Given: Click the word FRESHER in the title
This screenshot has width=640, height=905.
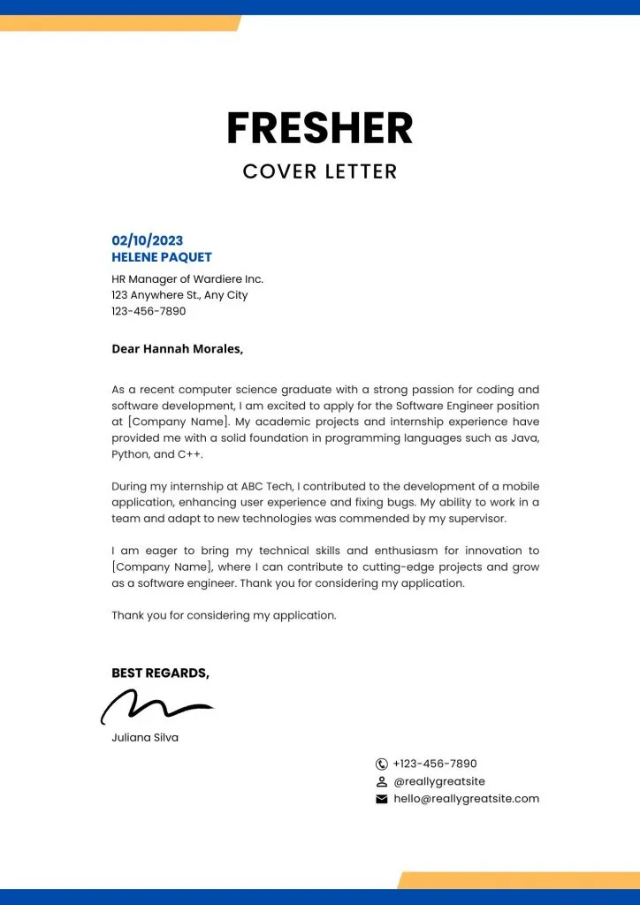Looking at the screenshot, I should point(319,128).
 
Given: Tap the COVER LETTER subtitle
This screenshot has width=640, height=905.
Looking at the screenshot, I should point(320,171).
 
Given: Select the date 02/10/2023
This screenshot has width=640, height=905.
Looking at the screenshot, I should point(148,240).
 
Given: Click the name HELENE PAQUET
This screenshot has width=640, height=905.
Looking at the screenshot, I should point(162,257).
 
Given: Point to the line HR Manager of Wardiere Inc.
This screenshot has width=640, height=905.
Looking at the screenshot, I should point(187,279).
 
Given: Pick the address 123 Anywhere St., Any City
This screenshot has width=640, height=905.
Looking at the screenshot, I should point(179,295).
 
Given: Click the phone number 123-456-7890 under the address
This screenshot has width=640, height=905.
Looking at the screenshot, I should point(149,311).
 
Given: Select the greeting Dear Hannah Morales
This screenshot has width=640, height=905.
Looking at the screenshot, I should point(177,348).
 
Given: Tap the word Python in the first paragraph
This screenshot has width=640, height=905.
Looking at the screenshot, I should point(130,454).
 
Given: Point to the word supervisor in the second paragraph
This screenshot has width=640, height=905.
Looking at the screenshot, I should point(476,518).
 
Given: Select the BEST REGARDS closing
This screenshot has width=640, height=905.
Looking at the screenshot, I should point(160,673).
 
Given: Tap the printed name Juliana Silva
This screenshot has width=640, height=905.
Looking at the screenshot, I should point(145,737).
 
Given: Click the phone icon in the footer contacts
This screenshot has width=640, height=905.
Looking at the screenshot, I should point(382,764).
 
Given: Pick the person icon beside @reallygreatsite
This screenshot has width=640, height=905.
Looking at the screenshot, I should point(382,781).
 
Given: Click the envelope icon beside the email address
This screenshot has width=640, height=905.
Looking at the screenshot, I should point(382,799).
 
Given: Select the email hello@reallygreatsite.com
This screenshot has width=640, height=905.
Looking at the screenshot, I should point(466,799).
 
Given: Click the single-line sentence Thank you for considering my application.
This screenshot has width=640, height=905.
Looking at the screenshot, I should point(224,615).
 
